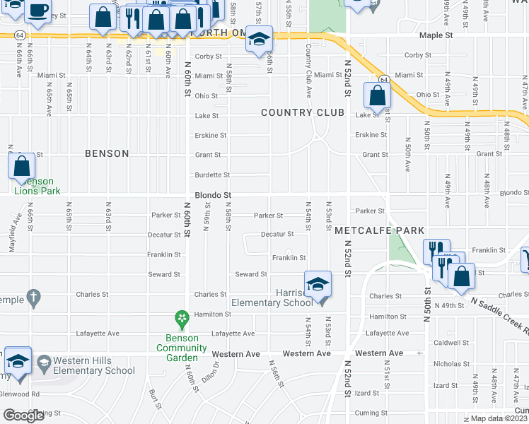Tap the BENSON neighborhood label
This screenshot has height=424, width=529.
tap(107, 153)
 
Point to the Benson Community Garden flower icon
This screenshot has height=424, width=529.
tap(182, 319)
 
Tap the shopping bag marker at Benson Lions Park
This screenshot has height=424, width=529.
tap(22, 167)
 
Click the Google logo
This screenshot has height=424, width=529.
tap(23, 415)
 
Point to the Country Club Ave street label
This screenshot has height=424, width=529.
tap(308, 69)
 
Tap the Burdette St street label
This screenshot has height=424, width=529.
tap(212, 175)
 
